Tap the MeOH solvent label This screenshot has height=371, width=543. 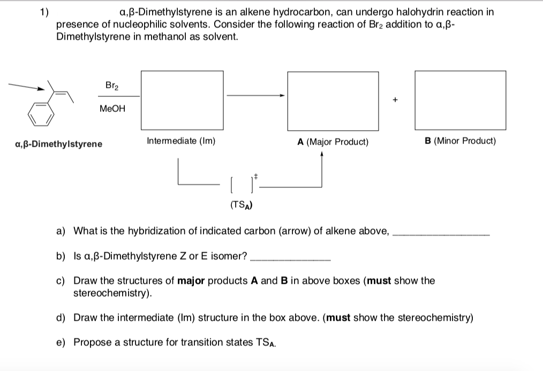click(112, 109)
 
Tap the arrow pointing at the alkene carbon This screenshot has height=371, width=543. click(28, 86)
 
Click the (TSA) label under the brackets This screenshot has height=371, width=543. click(242, 204)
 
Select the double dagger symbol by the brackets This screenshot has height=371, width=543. click(255, 176)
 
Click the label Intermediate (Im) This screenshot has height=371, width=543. click(181, 141)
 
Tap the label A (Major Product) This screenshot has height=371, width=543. click(333, 142)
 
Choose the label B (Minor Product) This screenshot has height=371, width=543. click(460, 141)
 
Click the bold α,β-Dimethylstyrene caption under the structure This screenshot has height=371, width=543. click(59, 144)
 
